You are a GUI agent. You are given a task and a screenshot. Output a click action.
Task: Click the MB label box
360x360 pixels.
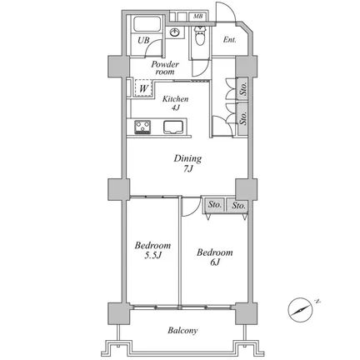[x=197, y=17]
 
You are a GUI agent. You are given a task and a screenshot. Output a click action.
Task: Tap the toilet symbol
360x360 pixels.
[x=199, y=36]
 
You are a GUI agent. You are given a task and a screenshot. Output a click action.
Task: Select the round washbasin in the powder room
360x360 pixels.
[x=175, y=32]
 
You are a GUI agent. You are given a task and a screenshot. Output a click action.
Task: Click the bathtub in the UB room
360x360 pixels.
[x=147, y=24]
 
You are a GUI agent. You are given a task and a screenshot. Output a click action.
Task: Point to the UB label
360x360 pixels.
[x=143, y=41]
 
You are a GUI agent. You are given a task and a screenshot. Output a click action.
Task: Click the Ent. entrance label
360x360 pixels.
[x=229, y=40]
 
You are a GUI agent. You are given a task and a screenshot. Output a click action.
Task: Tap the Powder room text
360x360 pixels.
[x=165, y=68]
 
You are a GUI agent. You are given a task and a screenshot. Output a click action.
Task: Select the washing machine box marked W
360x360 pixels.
[x=143, y=88]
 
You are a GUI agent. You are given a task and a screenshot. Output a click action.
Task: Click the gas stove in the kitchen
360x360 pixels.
[x=142, y=127]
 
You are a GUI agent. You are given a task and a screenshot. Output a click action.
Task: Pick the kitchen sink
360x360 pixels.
[x=173, y=127]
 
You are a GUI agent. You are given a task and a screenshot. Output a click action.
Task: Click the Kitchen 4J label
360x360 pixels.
[x=175, y=103]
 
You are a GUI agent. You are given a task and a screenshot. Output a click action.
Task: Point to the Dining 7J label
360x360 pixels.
[x=187, y=163]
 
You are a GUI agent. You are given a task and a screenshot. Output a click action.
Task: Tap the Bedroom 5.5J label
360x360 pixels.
[x=152, y=250]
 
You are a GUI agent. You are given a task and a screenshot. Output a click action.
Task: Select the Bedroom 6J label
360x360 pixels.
[x=215, y=257]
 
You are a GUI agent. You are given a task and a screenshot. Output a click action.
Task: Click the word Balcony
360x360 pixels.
[x=182, y=331]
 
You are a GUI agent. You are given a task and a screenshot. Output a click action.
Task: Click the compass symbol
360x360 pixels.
[x=300, y=310]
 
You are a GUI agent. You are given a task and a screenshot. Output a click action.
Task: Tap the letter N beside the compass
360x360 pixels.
[x=317, y=301]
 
